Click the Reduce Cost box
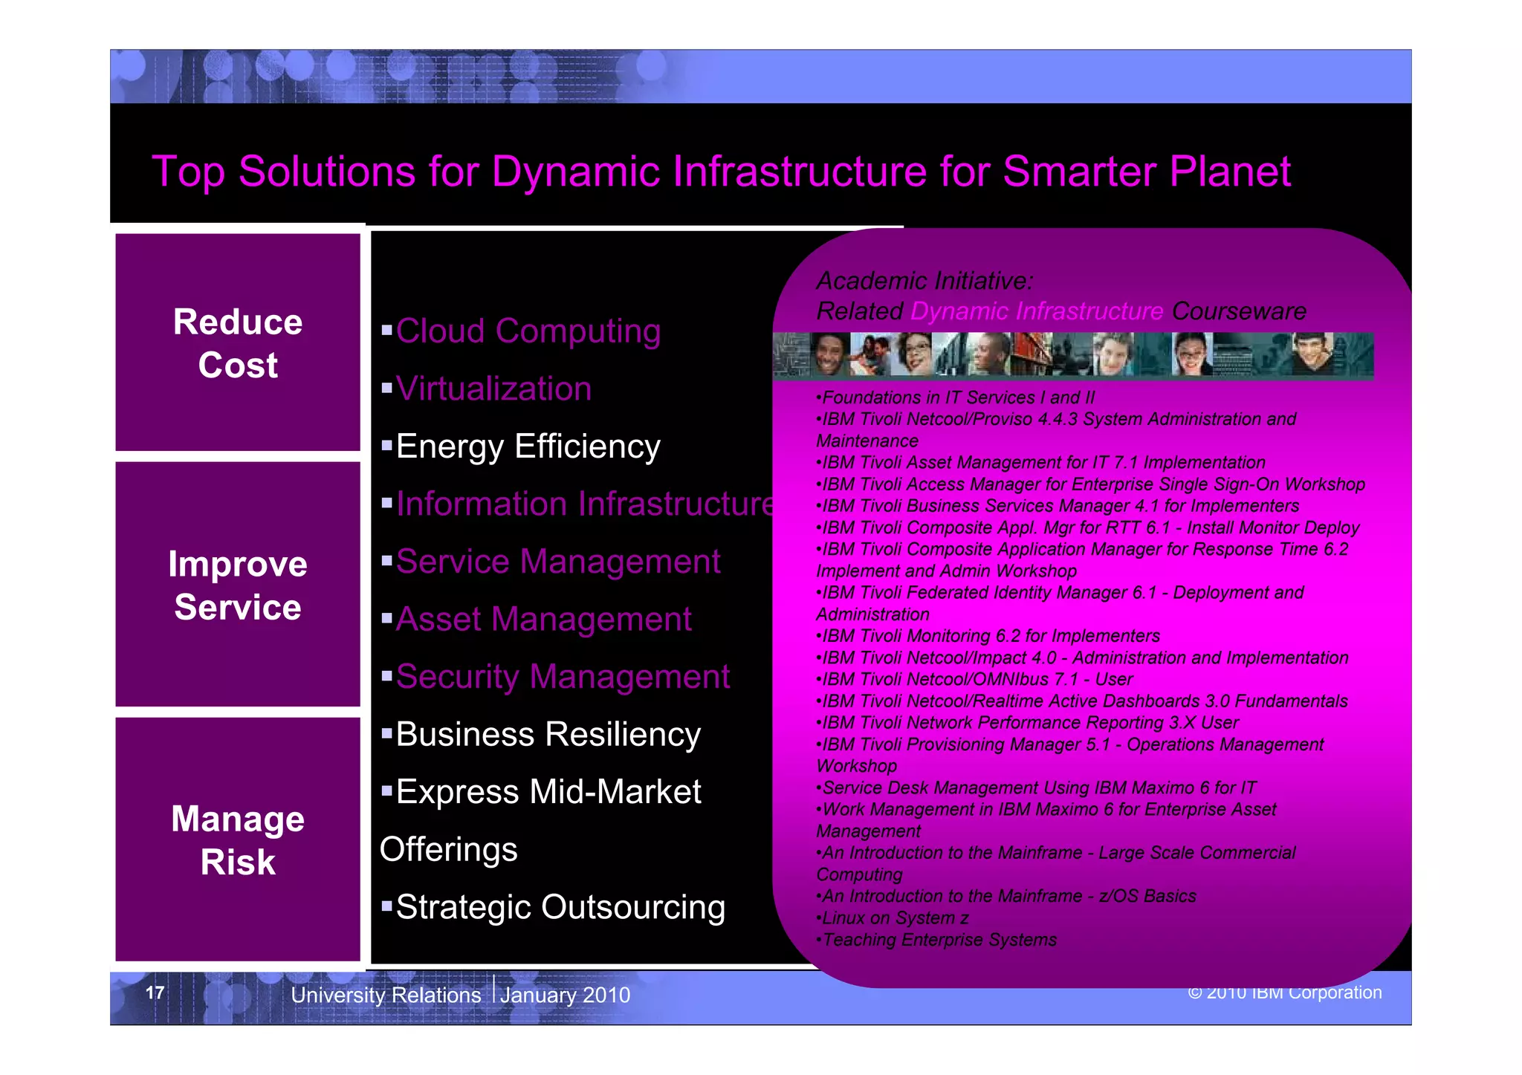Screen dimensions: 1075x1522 pos(238,342)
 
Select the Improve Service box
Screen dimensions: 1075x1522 pos(238,585)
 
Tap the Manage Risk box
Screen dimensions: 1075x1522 pos(238,839)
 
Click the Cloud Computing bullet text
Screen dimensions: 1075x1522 pos(528,331)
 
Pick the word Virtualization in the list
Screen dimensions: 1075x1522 pos(493,389)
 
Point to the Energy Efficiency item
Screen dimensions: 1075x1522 pos(528,446)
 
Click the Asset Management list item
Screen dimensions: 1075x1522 pos(543,619)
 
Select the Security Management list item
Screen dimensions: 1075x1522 pos(563,677)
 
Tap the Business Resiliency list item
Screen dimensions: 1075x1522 pos(548,734)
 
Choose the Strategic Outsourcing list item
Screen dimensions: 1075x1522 pos(560,907)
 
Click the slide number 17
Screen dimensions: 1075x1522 pos(155,993)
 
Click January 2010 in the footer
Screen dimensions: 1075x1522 pos(565,995)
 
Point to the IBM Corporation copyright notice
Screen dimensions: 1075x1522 pos(1285,993)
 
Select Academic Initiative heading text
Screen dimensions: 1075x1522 pos(924,281)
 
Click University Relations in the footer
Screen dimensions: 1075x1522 pos(386,995)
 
